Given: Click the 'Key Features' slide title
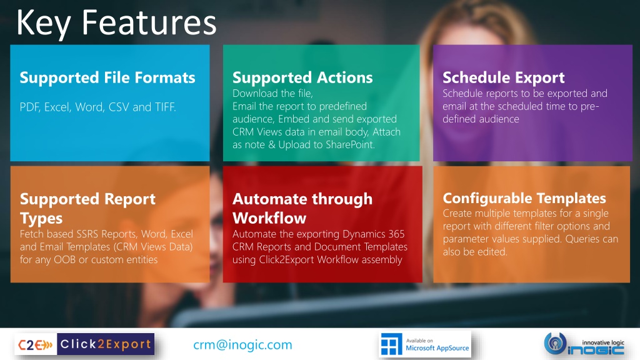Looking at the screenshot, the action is [x=116, y=23].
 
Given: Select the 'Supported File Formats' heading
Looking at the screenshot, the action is [x=107, y=77].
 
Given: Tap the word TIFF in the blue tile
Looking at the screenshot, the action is [x=165, y=107].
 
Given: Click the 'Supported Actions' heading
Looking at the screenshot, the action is [x=302, y=77].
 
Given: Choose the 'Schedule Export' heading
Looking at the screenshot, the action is [x=504, y=77].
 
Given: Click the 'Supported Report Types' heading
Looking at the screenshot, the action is [x=87, y=208].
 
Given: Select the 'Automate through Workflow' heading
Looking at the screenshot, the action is [x=302, y=208].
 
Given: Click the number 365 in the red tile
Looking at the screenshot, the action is [x=396, y=234].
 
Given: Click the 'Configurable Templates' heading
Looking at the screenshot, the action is [x=524, y=198].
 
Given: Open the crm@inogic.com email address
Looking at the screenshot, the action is [x=243, y=345].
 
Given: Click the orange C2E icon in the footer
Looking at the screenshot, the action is [x=36, y=344].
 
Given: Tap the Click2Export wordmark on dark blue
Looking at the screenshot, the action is [x=106, y=344].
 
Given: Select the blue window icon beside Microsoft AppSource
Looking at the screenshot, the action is [x=391, y=344].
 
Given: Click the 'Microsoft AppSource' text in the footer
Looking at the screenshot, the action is [x=437, y=348].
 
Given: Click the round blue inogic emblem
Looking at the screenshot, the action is [x=555, y=343].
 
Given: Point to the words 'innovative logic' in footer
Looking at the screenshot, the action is [x=603, y=342].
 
